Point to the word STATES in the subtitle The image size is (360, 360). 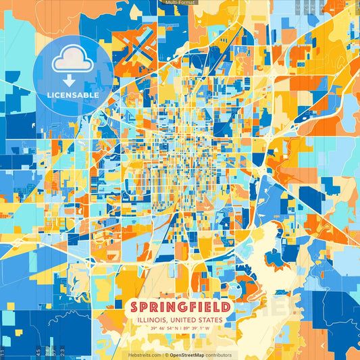click(209, 319)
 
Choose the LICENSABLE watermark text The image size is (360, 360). click(73, 95)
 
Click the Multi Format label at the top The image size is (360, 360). click(180, 3)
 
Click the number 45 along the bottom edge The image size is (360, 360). click(38, 351)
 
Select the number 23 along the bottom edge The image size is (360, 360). click(63, 351)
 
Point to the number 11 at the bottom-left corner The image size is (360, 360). click(3, 351)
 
